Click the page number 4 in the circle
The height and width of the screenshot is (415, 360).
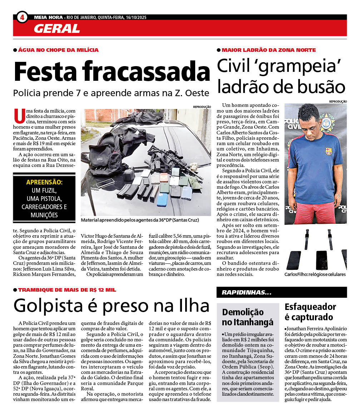pyautogui.click(x=22, y=17)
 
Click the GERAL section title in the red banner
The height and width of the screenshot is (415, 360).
pyautogui.click(x=57, y=29)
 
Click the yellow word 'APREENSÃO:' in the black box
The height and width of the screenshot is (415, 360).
pyautogui.click(x=44, y=182)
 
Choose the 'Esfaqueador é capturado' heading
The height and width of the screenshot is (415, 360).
pyautogui.click(x=310, y=312)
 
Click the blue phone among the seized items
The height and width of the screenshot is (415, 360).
pyautogui.click(x=162, y=199)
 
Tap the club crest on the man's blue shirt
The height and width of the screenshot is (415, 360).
pyautogui.click(x=329, y=151)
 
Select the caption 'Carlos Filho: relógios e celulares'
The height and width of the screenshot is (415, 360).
pyautogui.click(x=315, y=275)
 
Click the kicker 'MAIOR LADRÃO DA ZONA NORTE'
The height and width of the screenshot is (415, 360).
pyautogui.click(x=268, y=50)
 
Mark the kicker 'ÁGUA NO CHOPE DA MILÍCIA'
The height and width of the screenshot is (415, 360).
pyautogui.click(x=58, y=50)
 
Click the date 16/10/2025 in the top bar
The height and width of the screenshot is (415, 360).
pyautogui.click(x=136, y=17)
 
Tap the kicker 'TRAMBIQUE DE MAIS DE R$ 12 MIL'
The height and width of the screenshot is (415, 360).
pyautogui.click(x=67, y=290)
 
